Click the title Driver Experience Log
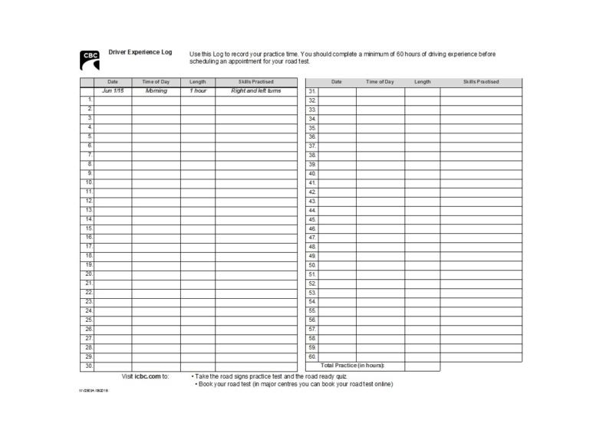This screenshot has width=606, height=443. tap(140, 53)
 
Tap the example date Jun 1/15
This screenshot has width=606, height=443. tap(113, 91)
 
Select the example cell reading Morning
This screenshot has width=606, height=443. tap(156, 91)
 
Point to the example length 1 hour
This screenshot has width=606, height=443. tap(198, 91)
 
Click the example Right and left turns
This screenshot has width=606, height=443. tap(256, 91)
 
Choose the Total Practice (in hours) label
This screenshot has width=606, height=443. tap(352, 366)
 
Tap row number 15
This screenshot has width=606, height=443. tap(89, 228)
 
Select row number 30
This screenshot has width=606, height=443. tap(89, 366)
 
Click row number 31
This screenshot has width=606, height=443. tap(312, 91)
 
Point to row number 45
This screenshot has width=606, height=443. tap(312, 219)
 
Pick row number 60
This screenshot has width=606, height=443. tap(312, 356)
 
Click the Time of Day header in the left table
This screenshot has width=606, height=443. tap(156, 82)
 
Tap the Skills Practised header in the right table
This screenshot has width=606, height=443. tap(481, 82)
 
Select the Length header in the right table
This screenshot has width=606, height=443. tap(422, 82)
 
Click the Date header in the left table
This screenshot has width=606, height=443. tap(113, 82)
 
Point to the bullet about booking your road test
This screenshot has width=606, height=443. tap(294, 385)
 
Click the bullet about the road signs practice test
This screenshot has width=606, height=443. tap(270, 376)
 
